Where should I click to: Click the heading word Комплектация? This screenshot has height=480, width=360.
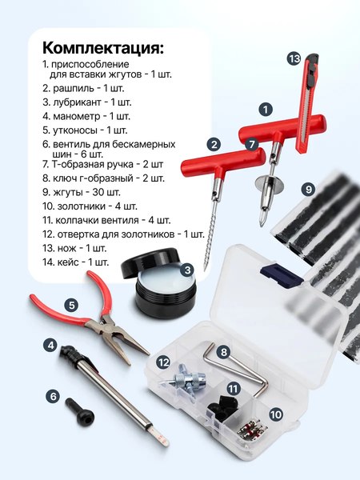tap(102, 47)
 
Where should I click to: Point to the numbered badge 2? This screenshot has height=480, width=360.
tap(213, 144)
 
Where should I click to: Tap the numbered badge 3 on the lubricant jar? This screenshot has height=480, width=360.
tap(186, 270)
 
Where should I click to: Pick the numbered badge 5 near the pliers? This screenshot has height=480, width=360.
tap(71, 305)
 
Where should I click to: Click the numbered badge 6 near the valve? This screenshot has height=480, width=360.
tap(54, 395)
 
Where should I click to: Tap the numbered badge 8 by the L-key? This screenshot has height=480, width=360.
tap(224, 351)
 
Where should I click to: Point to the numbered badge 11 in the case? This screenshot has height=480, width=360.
tap(233, 388)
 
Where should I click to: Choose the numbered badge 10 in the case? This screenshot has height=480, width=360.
tap(276, 415)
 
